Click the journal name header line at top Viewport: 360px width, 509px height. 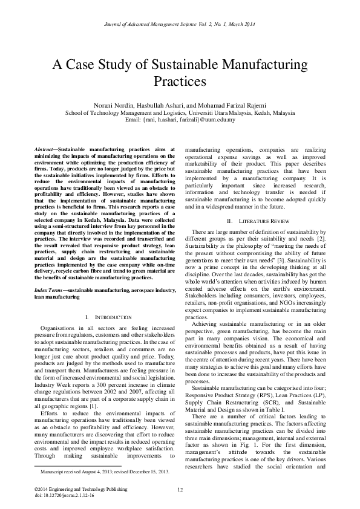point(180,24)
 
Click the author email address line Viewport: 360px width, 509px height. point(180,120)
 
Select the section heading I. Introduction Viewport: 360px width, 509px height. point(104,317)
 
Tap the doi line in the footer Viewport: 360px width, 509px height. point(57,494)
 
